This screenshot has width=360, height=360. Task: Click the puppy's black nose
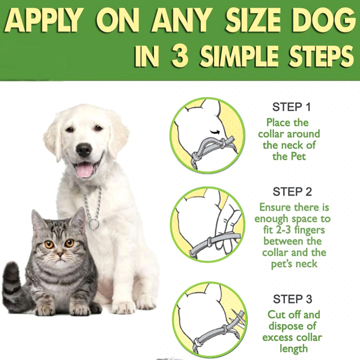point(84,150)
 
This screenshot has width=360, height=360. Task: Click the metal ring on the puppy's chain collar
point(94,225)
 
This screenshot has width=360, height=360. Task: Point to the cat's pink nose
point(60,254)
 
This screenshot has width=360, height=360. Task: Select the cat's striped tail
point(14,287)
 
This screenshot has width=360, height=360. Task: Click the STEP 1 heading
point(291,107)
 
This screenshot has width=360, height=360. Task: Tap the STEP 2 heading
point(292,192)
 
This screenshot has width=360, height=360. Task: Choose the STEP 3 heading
point(292,299)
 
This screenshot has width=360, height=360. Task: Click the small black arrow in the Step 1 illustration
point(215,132)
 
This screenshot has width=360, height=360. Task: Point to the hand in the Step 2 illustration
point(227,227)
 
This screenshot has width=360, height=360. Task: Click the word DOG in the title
point(323,21)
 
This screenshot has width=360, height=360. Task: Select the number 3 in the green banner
point(180,55)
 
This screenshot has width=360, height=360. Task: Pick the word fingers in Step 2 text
point(310,230)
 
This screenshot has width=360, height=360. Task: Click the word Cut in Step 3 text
point(276,315)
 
